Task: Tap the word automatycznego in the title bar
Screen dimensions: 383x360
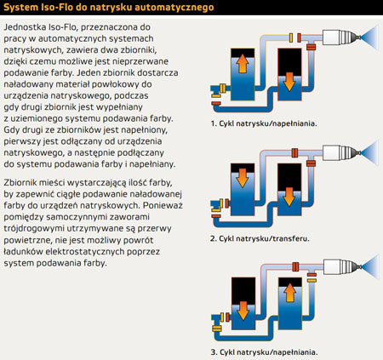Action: [174, 8]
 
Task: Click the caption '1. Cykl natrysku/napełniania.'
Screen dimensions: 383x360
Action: [264, 123]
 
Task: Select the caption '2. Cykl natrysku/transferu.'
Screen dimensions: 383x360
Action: [260, 238]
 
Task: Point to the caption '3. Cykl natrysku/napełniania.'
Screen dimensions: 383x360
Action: [264, 352]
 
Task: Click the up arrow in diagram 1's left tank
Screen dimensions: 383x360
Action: [243, 63]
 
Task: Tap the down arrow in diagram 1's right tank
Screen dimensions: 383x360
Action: [289, 82]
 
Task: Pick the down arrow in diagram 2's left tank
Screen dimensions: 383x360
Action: [243, 178]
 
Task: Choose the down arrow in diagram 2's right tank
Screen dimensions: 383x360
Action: [289, 197]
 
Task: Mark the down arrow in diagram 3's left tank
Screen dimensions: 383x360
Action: [243, 311]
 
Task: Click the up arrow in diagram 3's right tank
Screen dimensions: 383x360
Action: [290, 293]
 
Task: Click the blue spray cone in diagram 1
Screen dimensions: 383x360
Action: [370, 37]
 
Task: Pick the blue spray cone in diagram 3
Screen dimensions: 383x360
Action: [371, 266]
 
